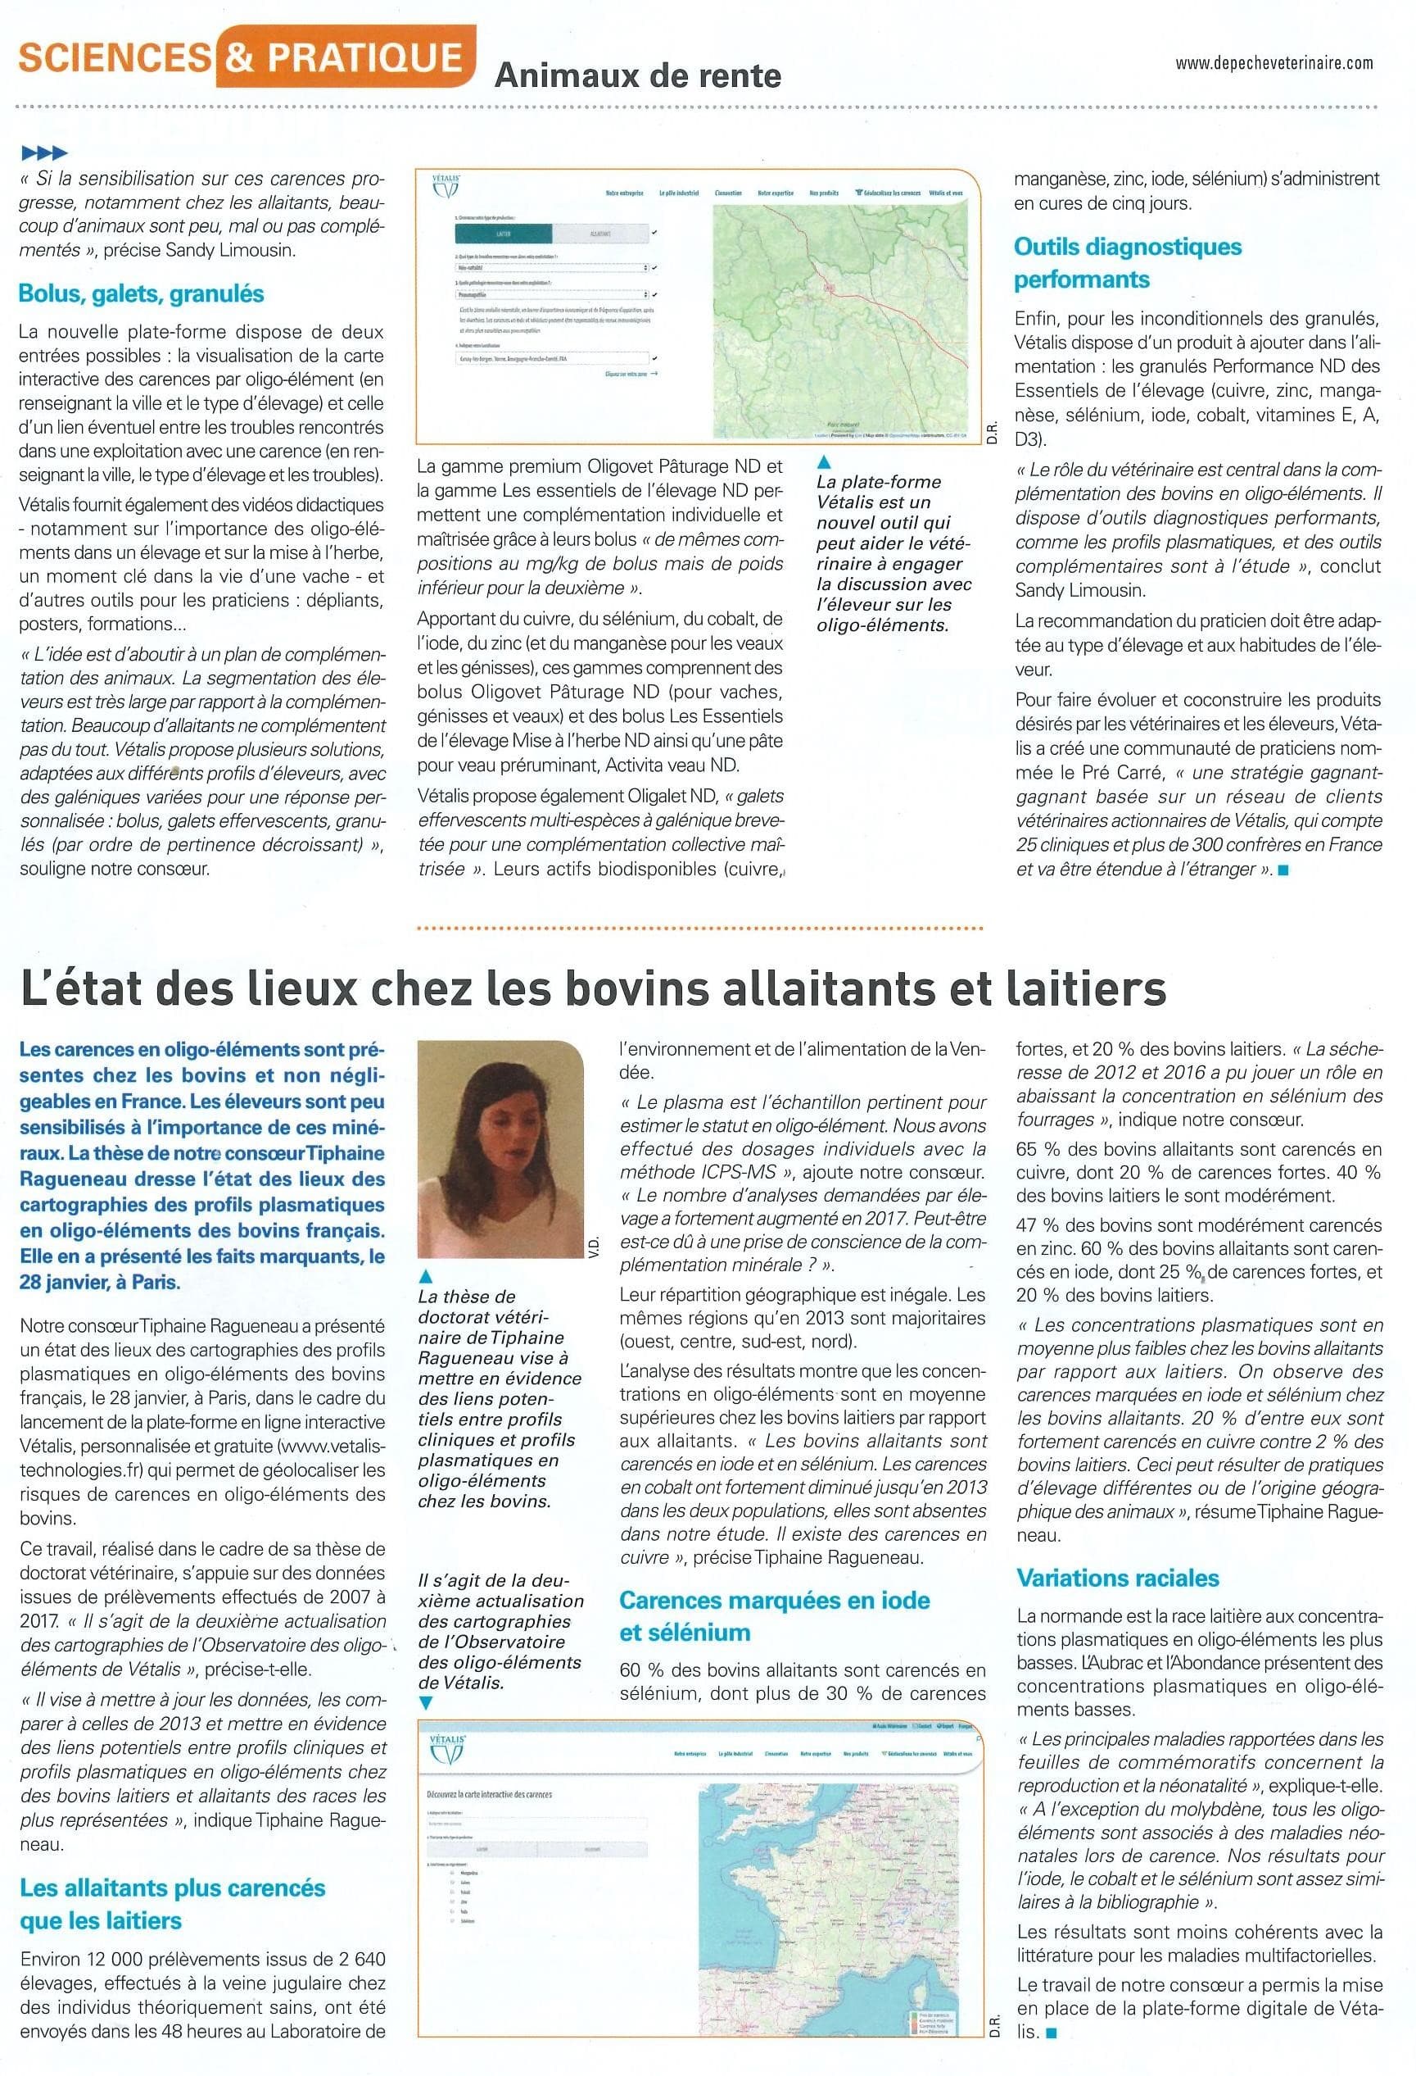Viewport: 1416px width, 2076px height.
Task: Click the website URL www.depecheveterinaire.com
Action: [x=1274, y=62]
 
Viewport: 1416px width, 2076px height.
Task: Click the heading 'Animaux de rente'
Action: [x=637, y=76]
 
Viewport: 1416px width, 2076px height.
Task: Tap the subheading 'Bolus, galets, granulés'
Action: [x=141, y=294]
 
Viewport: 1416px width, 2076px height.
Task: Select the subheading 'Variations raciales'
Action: [x=1118, y=1578]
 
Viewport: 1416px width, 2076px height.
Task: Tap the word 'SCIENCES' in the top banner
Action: [x=115, y=59]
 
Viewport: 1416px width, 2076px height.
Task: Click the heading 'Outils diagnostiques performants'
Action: [x=1127, y=262]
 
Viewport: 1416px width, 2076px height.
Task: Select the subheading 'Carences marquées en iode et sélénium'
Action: [x=774, y=1615]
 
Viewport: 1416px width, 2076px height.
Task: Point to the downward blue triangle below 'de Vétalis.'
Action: [x=426, y=1703]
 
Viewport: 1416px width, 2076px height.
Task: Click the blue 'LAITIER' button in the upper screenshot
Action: [x=503, y=233]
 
